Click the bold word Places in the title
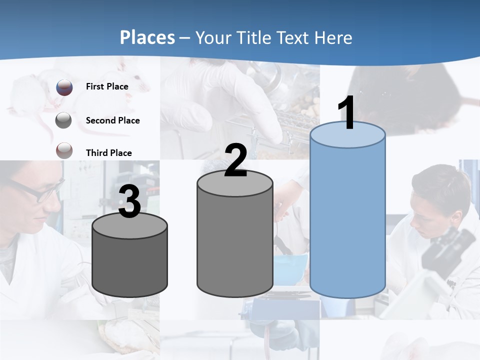[147, 37]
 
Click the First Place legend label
[107, 86]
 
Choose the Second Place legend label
[112, 120]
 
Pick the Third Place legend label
[108, 153]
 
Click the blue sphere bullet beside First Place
[64, 87]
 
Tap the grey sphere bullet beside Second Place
[64, 120]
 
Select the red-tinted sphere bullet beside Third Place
[64, 150]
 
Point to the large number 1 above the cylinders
[346, 113]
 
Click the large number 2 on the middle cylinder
[235, 160]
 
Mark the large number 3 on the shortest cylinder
[130, 202]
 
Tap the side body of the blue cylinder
[347, 220]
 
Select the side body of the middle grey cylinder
[235, 240]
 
